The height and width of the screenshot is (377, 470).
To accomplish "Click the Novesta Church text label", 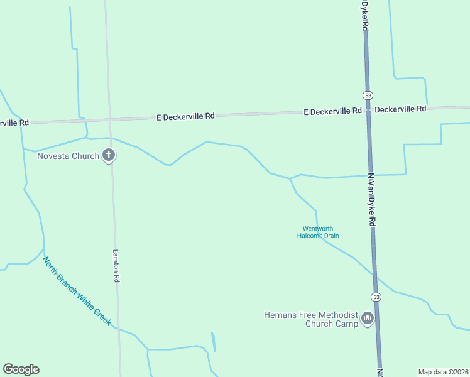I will pyautogui.click(x=68, y=156).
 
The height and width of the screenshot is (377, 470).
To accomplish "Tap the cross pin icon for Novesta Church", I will pyautogui.click(x=109, y=155).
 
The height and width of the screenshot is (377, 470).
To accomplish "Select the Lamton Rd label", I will pyautogui.click(x=116, y=266).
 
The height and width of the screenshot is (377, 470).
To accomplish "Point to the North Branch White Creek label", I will pyautogui.click(x=77, y=290).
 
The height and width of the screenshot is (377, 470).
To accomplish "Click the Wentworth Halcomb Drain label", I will pyautogui.click(x=318, y=232).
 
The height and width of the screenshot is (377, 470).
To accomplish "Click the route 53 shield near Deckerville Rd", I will pyautogui.click(x=368, y=95).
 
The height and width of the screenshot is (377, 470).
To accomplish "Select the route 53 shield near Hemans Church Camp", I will pyautogui.click(x=376, y=297).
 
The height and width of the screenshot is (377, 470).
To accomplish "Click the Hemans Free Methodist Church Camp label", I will pyautogui.click(x=311, y=319).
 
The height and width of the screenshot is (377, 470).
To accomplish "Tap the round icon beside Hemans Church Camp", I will pyautogui.click(x=368, y=320).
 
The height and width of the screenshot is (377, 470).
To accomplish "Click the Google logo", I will pyautogui.click(x=21, y=369).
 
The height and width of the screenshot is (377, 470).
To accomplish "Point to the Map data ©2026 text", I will pyautogui.click(x=443, y=372).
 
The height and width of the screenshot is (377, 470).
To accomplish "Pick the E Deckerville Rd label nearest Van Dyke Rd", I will pyautogui.click(x=332, y=111).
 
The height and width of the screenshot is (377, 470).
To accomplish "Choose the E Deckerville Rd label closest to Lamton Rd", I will pyautogui.click(x=185, y=116).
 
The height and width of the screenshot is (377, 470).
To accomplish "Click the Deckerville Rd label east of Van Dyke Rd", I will pyautogui.click(x=400, y=109).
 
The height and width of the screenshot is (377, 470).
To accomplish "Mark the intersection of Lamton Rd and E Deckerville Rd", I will pyautogui.click(x=108, y=119).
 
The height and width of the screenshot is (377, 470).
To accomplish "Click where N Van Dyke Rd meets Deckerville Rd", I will pyautogui.click(x=368, y=111).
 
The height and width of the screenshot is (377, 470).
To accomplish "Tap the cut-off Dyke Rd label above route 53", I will pyautogui.click(x=364, y=16).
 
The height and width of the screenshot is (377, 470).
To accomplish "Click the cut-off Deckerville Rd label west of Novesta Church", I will pyautogui.click(x=14, y=123).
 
